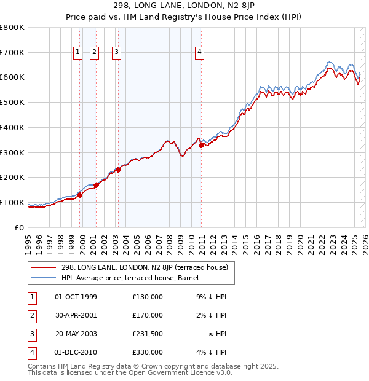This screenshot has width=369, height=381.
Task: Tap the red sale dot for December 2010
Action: click(x=202, y=145)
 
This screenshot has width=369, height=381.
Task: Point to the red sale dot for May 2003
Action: click(x=118, y=170)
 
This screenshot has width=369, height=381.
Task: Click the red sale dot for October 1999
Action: click(x=79, y=195)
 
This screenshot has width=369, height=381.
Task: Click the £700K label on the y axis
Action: click(x=12, y=52)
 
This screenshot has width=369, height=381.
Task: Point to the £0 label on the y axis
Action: click(x=19, y=227)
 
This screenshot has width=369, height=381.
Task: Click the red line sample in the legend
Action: click(x=44, y=267)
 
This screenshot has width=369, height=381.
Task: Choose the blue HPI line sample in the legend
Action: click(x=44, y=278)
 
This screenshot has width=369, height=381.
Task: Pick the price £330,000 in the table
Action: click(x=147, y=352)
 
